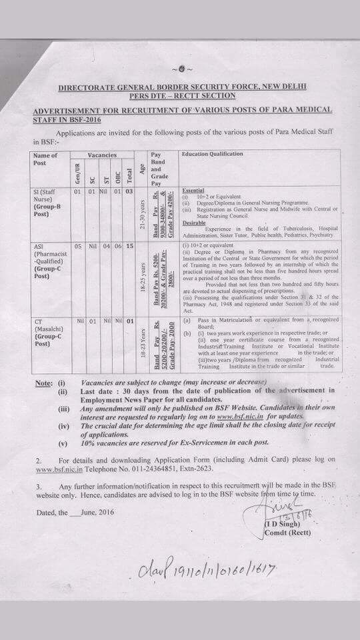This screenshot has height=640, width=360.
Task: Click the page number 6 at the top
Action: tap(181, 68)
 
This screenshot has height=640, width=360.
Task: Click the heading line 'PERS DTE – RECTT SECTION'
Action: tap(181, 96)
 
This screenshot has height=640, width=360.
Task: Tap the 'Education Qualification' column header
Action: tap(213, 155)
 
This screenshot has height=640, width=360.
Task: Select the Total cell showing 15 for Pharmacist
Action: tap(130, 246)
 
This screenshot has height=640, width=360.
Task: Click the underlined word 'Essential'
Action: tap(193, 190)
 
